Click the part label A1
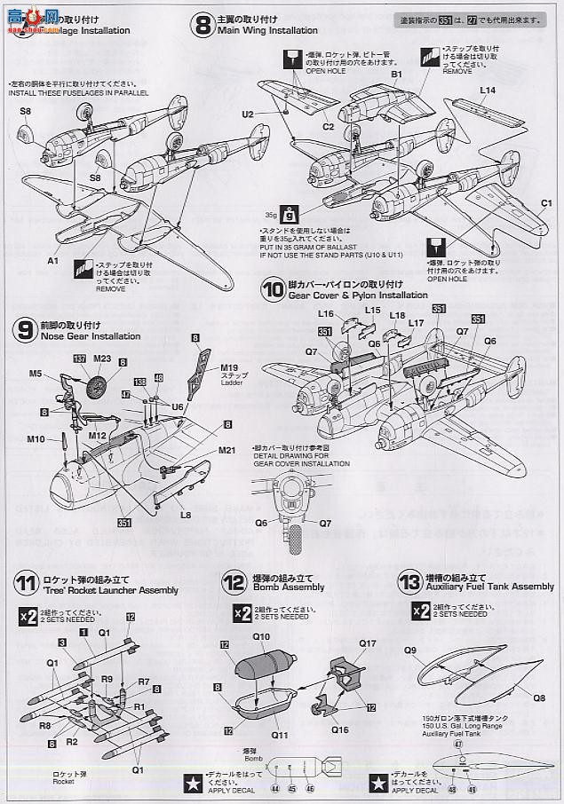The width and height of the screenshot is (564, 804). [53, 262]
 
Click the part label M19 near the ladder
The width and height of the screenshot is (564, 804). [230, 367]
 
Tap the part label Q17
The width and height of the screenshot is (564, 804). [367, 644]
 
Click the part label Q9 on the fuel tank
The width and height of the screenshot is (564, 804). [410, 650]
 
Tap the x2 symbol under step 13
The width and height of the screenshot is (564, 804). [420, 613]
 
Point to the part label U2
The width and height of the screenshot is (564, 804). [248, 114]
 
